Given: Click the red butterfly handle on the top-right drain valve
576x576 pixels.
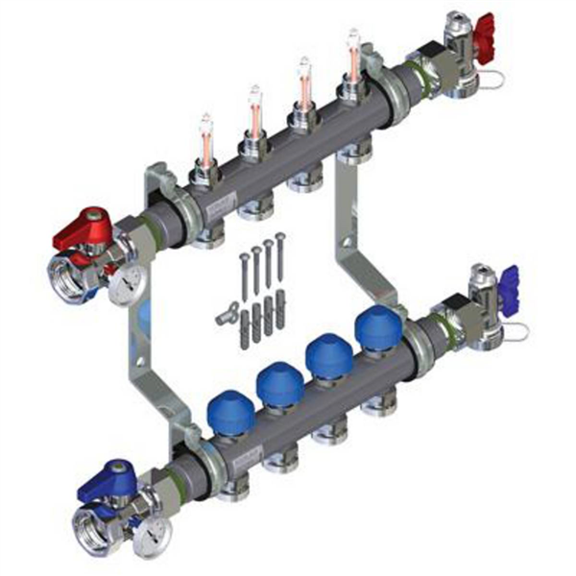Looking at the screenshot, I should pos(482,26).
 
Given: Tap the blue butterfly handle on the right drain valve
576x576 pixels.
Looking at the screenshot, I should pos(509,279).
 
